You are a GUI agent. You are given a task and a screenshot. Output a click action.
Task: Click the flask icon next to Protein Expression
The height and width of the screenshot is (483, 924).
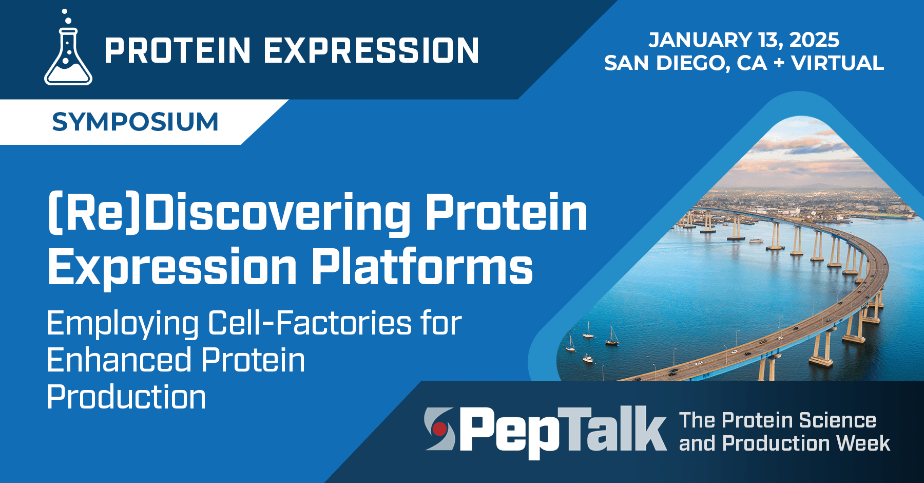68,54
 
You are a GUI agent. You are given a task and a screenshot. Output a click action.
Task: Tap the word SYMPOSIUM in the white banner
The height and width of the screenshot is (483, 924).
135,122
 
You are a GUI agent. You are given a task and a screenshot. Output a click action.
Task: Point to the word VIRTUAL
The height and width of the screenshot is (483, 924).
837,63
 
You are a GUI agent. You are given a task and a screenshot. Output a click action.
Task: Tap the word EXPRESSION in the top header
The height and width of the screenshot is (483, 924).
371,51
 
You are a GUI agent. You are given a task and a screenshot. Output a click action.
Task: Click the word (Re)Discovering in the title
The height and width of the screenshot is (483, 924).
228,213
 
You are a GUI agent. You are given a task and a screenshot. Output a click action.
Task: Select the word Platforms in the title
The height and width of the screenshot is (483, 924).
422,267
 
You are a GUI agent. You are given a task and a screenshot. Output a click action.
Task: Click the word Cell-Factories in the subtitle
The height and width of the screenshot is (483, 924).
310,323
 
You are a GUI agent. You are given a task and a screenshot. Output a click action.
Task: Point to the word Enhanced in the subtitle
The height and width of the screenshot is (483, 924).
120,360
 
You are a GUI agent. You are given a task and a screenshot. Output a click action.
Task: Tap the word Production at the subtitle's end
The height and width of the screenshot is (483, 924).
126,397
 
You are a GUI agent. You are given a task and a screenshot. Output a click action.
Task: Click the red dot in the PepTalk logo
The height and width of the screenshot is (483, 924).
439,428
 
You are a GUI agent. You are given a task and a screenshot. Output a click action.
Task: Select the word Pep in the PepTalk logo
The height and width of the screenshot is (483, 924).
508,431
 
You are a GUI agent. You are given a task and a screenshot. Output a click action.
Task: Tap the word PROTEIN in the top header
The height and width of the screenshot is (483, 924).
178,51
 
